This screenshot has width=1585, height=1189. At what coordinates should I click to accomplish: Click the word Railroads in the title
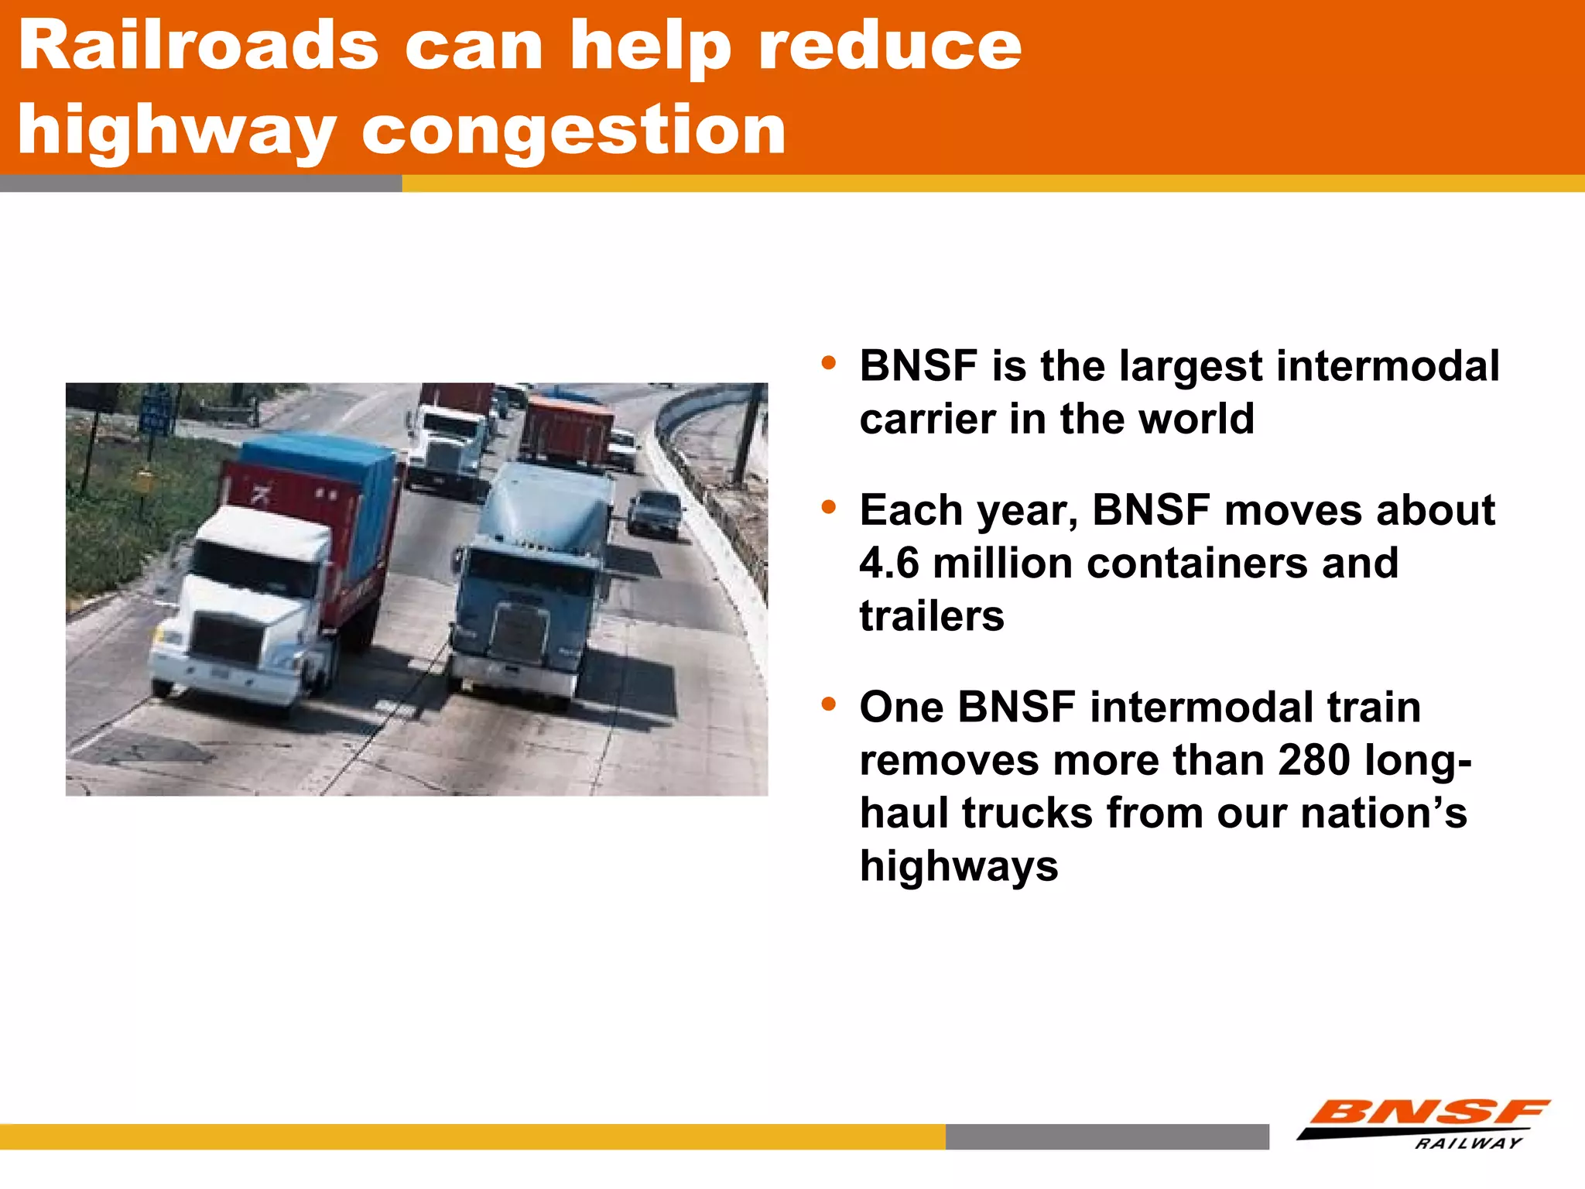(x=198, y=46)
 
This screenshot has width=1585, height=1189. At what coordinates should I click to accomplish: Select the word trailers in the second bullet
(x=932, y=616)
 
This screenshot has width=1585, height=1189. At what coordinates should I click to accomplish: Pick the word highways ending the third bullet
(x=959, y=865)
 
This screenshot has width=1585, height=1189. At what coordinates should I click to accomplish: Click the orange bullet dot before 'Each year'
(x=829, y=508)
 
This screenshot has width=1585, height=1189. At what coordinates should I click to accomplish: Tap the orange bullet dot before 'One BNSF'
(x=829, y=704)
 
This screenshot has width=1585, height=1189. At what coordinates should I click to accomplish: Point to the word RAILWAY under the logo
(x=1468, y=1143)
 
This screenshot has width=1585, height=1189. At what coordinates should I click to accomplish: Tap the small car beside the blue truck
(x=655, y=512)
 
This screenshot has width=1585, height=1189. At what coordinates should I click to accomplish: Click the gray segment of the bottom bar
(x=1107, y=1136)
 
